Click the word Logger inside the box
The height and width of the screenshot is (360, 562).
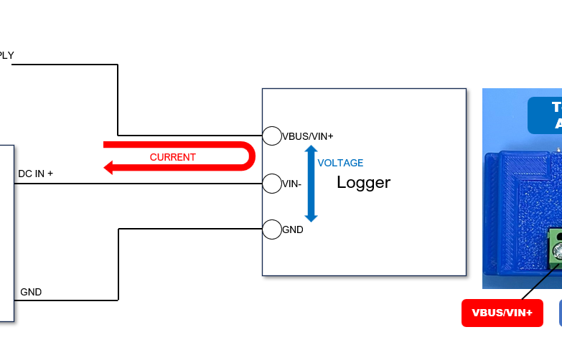pos(363,182)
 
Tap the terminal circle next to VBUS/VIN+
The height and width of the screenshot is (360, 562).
pos(271,135)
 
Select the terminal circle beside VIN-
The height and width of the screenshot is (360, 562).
pos(271,184)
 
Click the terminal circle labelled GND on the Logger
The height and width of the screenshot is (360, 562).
pos(271,229)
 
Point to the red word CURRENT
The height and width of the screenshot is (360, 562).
pos(172,157)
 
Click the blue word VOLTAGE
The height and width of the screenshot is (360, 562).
pos(340,163)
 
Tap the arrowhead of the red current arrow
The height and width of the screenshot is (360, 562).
pos(109,168)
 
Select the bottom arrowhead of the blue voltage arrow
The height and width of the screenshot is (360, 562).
pos(311,217)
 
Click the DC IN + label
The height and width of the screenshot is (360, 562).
pos(35,174)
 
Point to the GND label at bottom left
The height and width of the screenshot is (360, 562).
pos(31,292)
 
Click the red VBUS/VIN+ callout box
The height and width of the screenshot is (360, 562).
pos(502,313)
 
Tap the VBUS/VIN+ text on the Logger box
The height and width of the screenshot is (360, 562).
pos(307,136)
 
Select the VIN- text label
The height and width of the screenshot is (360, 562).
pos(291,184)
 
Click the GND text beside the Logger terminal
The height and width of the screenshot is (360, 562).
pos(292,230)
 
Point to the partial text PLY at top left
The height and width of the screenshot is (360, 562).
pos(6,55)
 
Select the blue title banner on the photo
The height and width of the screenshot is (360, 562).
pos(545,115)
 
